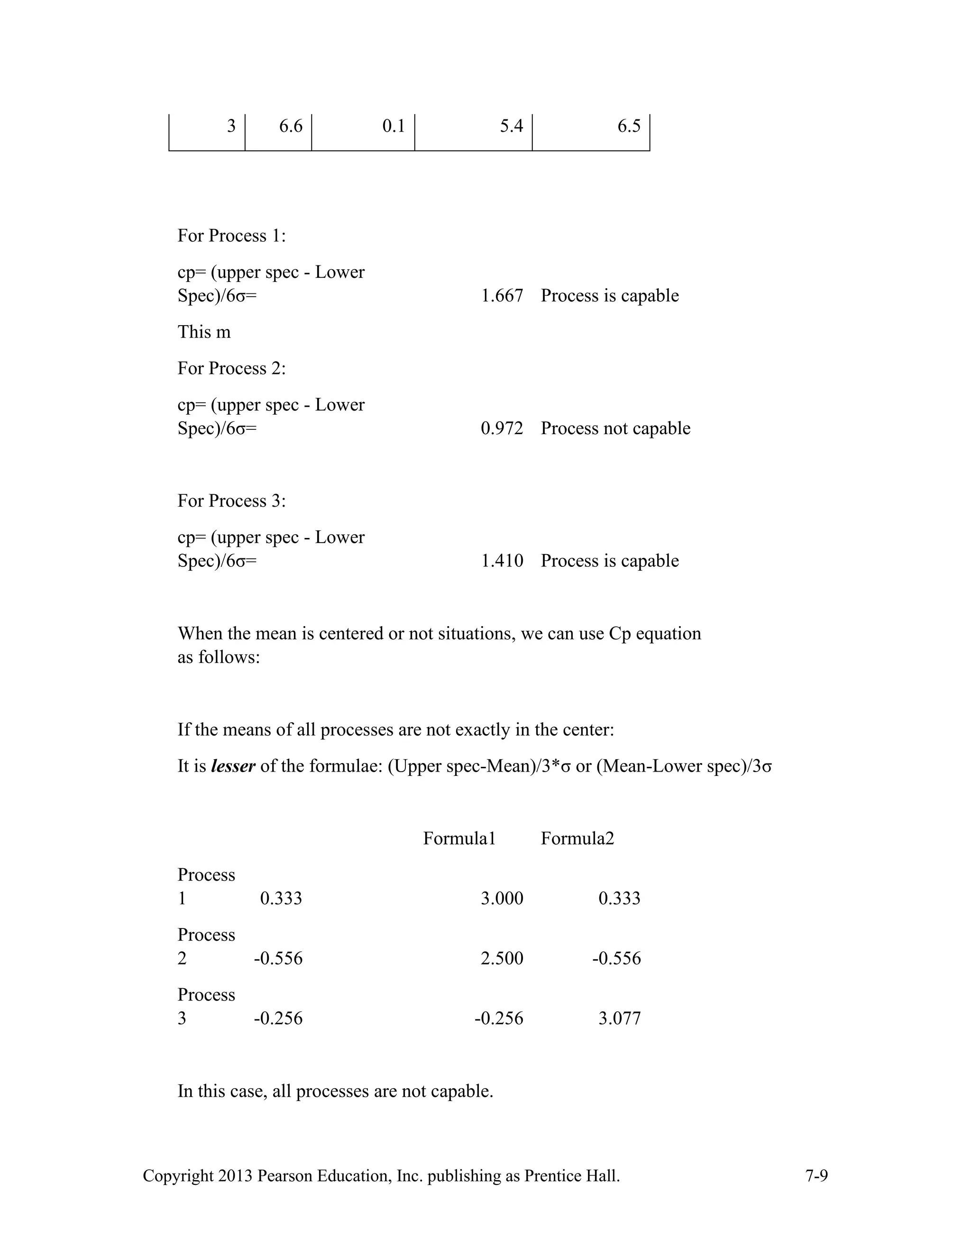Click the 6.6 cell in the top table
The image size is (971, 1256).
pos(291,126)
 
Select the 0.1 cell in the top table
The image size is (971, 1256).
pos(394,126)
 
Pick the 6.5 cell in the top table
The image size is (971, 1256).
pos(629,126)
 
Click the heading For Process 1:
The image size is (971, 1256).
pos(231,236)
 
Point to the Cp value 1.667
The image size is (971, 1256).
pos(502,296)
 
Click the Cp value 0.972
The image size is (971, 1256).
pos(502,428)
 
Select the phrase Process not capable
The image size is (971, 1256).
pos(615,428)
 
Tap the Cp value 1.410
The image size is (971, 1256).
pos(502,561)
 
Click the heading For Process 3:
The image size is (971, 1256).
pos(231,501)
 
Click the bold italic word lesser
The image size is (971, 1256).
pos(233,766)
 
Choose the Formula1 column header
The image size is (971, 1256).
pos(459,838)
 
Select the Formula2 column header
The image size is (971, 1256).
pos(577,838)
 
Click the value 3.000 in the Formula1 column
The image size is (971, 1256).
pos(502,898)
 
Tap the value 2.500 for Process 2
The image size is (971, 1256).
pos(502,958)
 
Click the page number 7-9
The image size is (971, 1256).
pos(816,1176)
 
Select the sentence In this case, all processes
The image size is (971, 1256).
pos(335,1091)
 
